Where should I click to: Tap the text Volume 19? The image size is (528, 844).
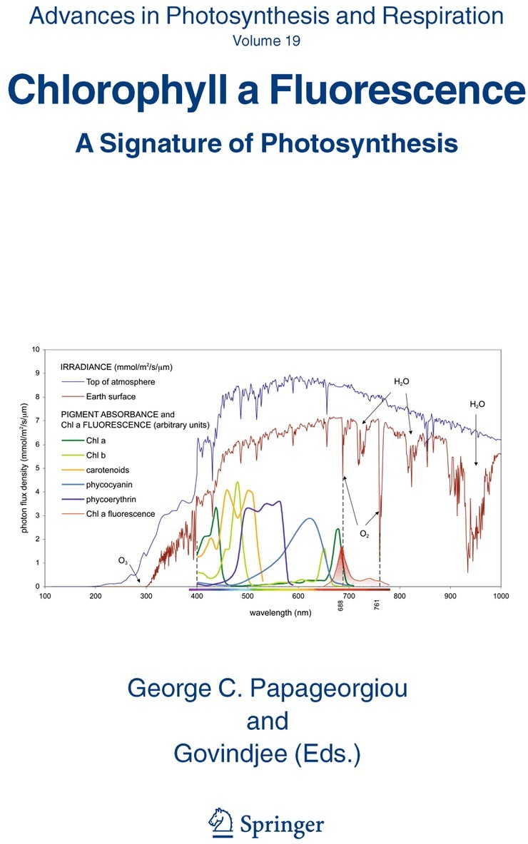point(266,41)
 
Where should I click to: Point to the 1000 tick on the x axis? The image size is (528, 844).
point(501,595)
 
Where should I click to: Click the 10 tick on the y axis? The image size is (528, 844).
point(36,349)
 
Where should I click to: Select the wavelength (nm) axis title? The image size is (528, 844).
point(280,612)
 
